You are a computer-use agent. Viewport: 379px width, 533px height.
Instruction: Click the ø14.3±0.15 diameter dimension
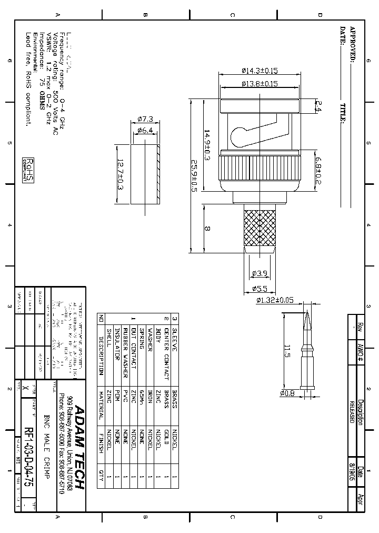260,71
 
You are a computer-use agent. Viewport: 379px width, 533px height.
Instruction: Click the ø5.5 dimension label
260,288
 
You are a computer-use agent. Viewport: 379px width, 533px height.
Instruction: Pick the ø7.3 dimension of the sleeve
144,119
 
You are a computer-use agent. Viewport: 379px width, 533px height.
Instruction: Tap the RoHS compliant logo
28,170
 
